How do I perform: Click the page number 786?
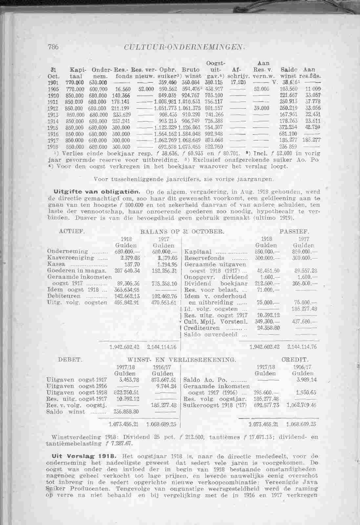[53, 47]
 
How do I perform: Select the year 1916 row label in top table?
[53, 134]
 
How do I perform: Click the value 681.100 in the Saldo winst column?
[288, 134]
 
